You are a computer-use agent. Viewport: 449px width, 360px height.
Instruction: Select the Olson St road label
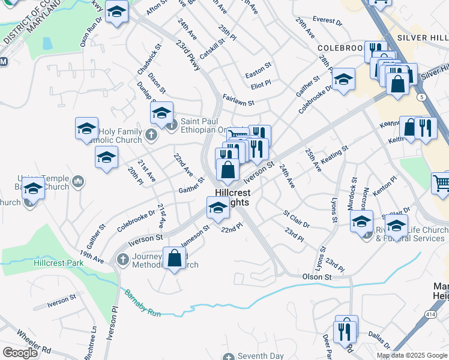pos(317,277)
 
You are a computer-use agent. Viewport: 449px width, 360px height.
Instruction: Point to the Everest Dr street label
pos(327,21)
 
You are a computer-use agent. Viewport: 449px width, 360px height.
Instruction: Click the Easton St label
pos(258,75)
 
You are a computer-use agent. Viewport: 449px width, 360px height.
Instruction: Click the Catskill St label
pos(212,49)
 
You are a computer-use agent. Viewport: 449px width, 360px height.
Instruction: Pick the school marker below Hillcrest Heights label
pos(217,209)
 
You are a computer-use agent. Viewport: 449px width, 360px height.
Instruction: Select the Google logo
pos(20,353)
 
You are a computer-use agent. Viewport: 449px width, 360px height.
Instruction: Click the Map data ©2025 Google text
pos(411,355)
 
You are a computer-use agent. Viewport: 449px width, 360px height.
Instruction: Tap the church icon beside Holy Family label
pos(150,136)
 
